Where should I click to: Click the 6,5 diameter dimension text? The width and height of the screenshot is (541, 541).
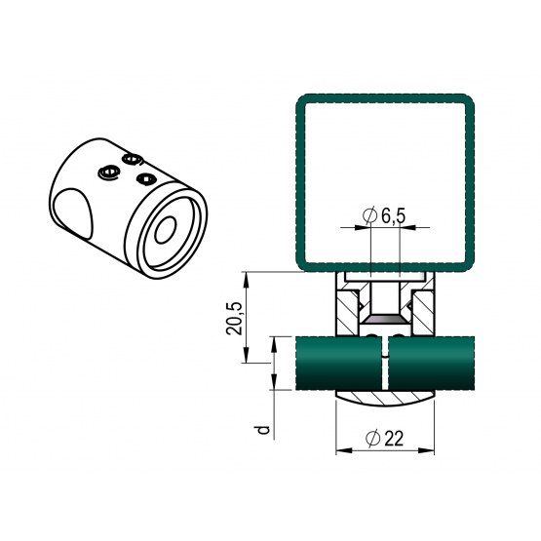(394, 216)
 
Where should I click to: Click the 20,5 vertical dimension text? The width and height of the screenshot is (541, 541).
(234, 319)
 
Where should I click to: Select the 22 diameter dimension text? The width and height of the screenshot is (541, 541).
(394, 439)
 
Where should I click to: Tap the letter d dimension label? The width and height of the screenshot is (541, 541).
(263, 430)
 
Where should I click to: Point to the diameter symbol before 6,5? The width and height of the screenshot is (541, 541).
(369, 215)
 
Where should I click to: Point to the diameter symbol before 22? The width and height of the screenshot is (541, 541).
(372, 439)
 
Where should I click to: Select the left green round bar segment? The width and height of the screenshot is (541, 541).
(339, 364)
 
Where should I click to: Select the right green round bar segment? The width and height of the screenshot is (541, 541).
(431, 364)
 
